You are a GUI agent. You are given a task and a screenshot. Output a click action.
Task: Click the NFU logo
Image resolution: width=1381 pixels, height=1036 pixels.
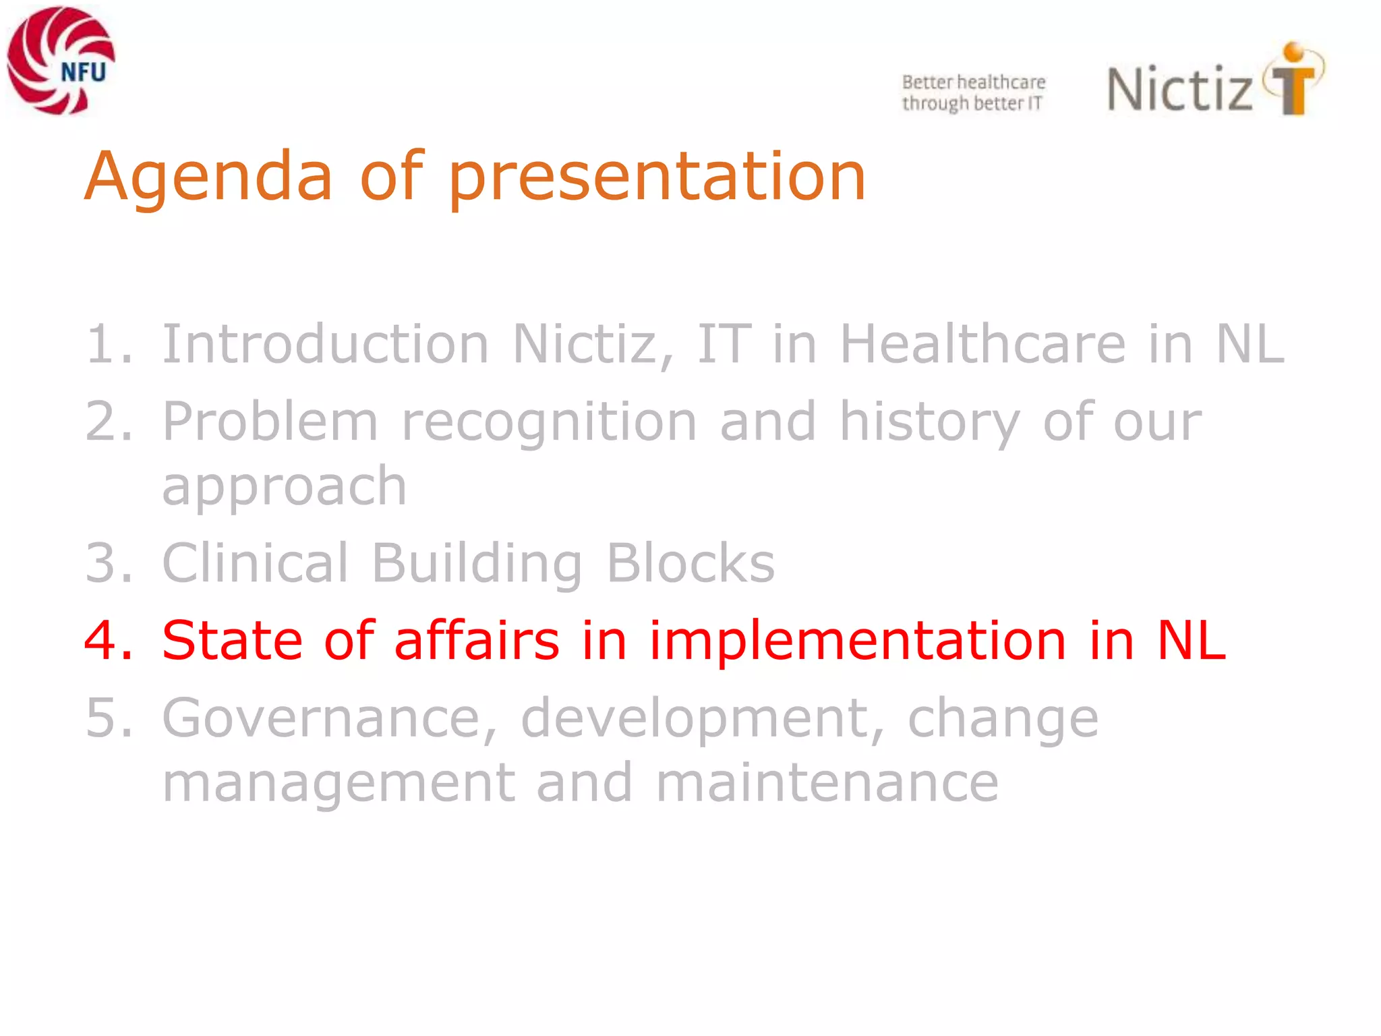coord(61,61)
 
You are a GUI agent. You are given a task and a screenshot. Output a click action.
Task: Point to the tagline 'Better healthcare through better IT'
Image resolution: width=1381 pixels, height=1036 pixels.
coord(973,93)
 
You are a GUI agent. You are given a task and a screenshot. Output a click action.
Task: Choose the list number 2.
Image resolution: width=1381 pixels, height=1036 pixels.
coord(107,422)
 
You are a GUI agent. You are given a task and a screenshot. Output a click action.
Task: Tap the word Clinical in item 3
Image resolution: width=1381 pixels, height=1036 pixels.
coord(255,563)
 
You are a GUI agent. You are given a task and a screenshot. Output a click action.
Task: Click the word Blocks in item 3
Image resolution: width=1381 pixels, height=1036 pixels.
coord(690,563)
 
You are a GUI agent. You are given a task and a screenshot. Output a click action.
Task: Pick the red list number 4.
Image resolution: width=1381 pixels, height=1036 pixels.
coord(107,641)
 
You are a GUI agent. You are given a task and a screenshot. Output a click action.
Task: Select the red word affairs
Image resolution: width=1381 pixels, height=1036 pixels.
coord(476,641)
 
